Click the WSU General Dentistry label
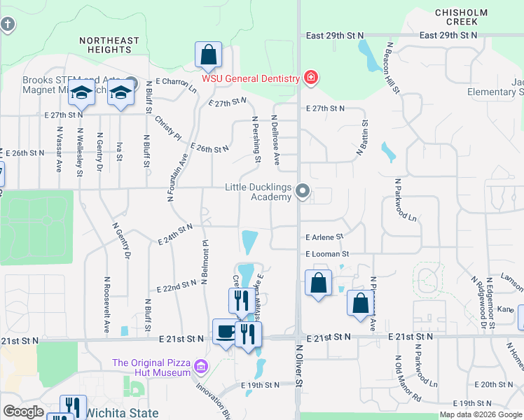click(x=251, y=78)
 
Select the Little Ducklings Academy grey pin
click(x=303, y=190)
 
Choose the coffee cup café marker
click(x=225, y=331)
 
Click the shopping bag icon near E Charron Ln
click(x=209, y=55)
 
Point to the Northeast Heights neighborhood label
click(x=109, y=45)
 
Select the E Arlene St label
click(x=324, y=237)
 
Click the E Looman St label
click(x=326, y=253)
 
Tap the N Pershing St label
click(x=257, y=141)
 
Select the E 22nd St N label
click(x=177, y=286)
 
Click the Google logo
click(x=23, y=412)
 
